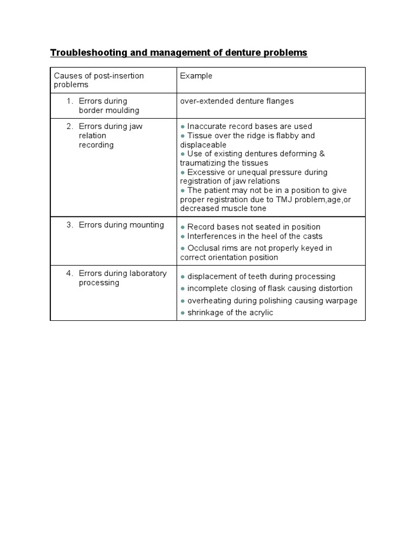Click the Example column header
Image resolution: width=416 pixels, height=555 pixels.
[x=196, y=76]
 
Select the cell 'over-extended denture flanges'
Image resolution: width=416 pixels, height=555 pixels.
[x=237, y=101]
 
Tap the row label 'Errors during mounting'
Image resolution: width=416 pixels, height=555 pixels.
[x=121, y=225]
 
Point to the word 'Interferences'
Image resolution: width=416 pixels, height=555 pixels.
[x=211, y=236]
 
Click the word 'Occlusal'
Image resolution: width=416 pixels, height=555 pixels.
[x=203, y=248]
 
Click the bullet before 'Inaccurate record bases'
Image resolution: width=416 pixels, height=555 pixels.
[x=183, y=127]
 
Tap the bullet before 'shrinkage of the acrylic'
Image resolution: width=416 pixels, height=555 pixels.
[x=183, y=314]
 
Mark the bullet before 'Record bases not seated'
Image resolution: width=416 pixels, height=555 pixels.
[x=183, y=227]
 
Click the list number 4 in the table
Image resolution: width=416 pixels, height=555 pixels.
[x=70, y=273]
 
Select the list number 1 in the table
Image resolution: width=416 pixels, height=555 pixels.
[x=70, y=101]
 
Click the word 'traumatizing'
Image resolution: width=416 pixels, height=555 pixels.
[x=203, y=163]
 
